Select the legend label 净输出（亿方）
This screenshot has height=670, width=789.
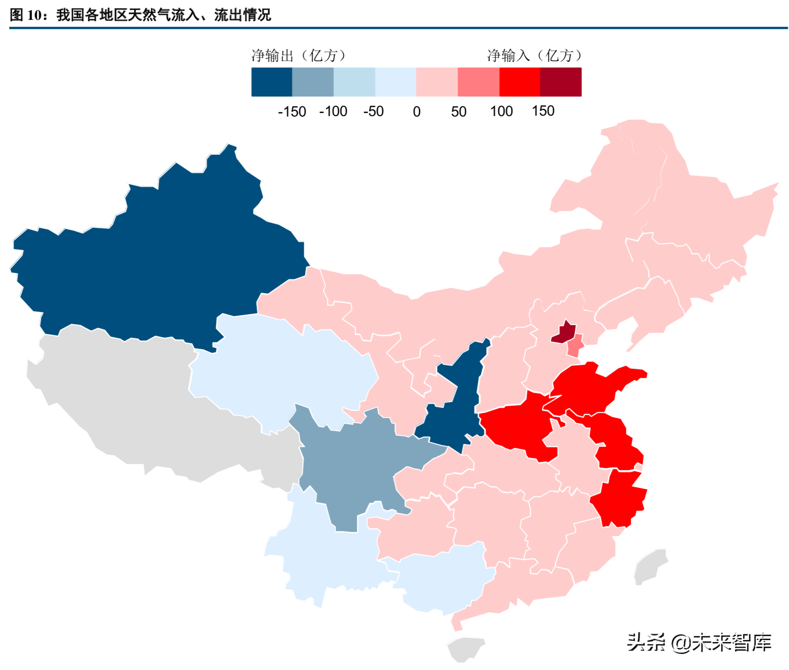[x=299, y=56]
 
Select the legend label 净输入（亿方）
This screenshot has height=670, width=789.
[x=534, y=56]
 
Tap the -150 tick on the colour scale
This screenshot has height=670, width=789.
[x=292, y=112]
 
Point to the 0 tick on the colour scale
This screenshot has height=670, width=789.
[x=417, y=112]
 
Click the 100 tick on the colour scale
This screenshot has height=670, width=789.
[x=501, y=111]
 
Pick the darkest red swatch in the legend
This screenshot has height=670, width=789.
[x=561, y=82]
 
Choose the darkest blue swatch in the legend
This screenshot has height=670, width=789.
[x=272, y=82]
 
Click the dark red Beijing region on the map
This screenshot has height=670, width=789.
[x=564, y=334]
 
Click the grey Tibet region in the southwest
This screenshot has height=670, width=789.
[x=143, y=412]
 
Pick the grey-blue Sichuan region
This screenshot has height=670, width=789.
[x=360, y=464]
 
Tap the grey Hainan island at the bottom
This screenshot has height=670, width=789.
[x=466, y=649]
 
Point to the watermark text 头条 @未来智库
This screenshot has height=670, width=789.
[x=699, y=642]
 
